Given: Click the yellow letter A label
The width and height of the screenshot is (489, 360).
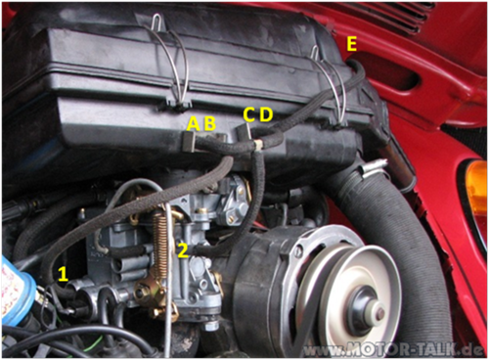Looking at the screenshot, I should [193, 124].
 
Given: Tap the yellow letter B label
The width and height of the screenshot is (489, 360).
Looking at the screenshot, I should [208, 124].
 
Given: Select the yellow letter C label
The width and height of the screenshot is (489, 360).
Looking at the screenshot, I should [248, 115].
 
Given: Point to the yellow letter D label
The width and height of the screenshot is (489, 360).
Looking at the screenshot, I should [266, 115].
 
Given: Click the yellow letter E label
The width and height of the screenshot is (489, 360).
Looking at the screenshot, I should [352, 44].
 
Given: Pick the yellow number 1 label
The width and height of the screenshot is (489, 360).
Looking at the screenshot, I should [64, 274].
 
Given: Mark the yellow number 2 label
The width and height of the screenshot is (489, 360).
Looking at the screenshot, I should [182, 249].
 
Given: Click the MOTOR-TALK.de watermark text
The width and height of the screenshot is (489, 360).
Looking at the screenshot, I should [392, 349].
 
